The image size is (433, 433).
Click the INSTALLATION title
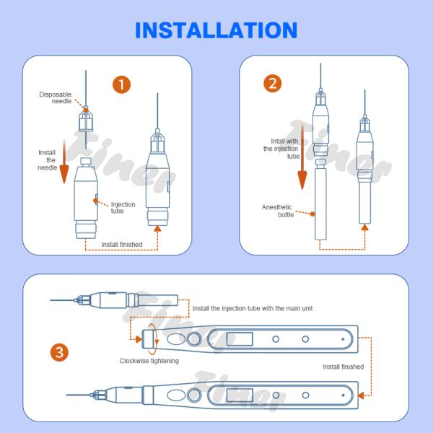tap(216, 30)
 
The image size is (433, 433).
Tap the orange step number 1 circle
tap(122, 84)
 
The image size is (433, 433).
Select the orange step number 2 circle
tap(272, 83)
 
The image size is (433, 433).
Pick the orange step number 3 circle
tap(60, 353)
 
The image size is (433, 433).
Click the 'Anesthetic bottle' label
tap(277, 211)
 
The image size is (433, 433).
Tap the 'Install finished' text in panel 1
tap(121, 245)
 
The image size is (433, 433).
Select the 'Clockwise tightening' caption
tap(149, 360)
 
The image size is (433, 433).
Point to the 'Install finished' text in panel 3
tap(343, 367)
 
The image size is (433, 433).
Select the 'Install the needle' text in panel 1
tap(48, 159)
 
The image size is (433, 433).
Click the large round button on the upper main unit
tap(193, 339)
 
